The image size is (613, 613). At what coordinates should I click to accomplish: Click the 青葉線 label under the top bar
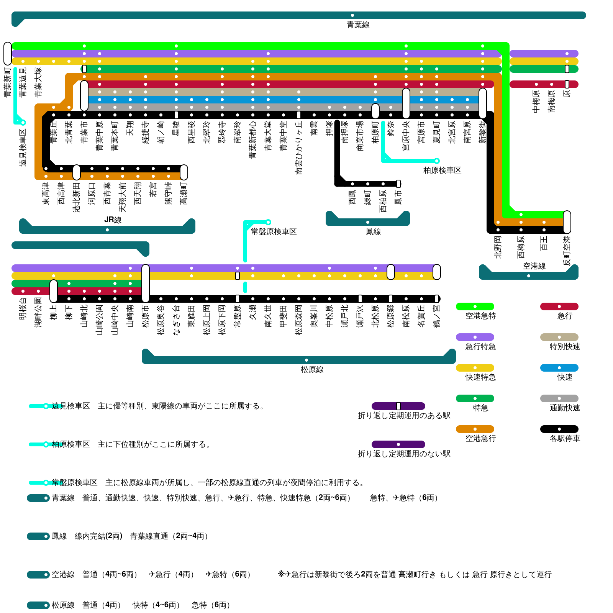coord(358,25)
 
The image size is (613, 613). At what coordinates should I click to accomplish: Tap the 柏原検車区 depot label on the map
coord(442,170)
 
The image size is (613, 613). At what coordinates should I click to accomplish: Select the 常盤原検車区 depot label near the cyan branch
coord(274,231)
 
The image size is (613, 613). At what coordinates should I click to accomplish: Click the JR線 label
coord(113,220)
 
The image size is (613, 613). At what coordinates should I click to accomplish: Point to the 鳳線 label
coord(373,231)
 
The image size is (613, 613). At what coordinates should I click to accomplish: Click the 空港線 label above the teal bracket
coord(534,266)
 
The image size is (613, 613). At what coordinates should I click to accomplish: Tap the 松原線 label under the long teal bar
coord(312,369)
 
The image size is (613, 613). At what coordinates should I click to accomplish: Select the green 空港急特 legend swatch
coord(475,306)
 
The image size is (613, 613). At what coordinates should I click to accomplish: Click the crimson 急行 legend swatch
coord(559,306)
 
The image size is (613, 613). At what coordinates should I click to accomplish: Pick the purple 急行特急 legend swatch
coord(475,337)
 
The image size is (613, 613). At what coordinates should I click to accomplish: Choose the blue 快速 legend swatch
coord(559,368)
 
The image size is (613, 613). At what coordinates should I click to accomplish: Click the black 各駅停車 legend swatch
coord(559,429)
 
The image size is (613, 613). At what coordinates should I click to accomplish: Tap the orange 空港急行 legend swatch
coord(475,429)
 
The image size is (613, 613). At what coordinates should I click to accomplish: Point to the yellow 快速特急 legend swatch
coord(475,368)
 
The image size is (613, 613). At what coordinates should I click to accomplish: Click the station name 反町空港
coord(567,251)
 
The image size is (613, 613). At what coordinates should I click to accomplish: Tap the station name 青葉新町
coord(8,82)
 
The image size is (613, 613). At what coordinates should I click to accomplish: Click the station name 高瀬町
coord(184,193)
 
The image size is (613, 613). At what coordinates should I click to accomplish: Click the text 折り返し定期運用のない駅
coord(404,454)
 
